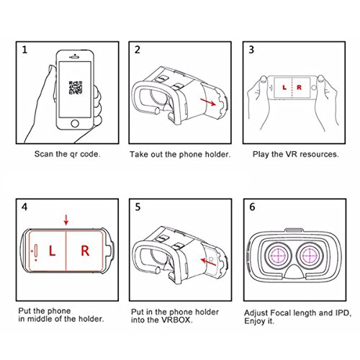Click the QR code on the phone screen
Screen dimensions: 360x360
(76, 88)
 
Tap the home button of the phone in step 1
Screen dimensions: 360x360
(75, 124)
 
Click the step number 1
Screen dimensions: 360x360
(24, 50)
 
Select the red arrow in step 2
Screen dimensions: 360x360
(208, 102)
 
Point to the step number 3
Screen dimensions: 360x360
(251, 50)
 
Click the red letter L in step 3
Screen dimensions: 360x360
(284, 87)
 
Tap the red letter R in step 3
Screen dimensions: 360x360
(299, 87)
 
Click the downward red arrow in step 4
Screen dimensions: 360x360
(66, 220)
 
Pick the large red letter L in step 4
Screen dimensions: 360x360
(52, 251)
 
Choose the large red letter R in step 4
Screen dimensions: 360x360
(85, 251)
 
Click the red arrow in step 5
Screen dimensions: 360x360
(208, 262)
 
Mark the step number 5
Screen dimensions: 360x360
(138, 207)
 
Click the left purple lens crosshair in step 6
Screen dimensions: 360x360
(278, 256)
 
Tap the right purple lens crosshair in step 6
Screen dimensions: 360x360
(310, 256)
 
